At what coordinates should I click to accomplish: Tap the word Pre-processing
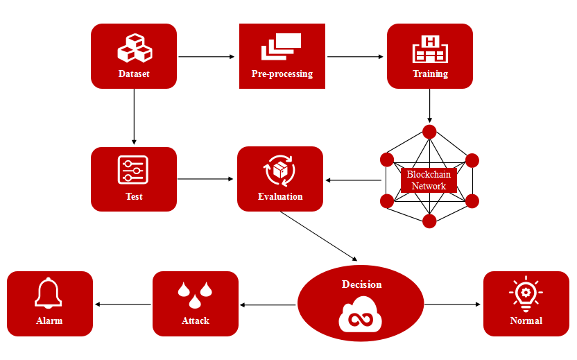[282, 74]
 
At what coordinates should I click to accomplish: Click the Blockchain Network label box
[429, 180]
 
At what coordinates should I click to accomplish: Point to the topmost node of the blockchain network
[429, 131]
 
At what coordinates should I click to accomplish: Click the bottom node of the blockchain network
[429, 221]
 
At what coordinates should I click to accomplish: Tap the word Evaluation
[280, 196]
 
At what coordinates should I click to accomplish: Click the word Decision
[361, 284]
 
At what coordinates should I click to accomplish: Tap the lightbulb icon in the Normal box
[526, 294]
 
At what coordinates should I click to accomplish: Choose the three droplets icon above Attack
[195, 294]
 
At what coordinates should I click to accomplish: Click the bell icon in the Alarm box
[49, 294]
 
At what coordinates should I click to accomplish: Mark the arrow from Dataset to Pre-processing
[206, 56]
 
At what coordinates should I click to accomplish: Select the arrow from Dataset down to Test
[133, 117]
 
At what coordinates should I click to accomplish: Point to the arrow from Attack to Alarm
[123, 304]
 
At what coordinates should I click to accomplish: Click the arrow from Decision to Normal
[452, 304]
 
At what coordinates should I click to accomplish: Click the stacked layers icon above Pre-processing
[281, 46]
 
